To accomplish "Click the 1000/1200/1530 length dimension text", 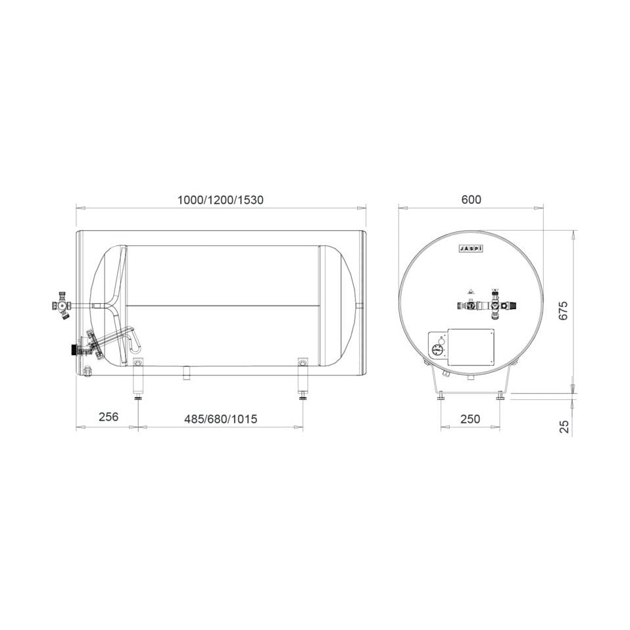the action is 220,200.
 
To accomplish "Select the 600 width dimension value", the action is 471,199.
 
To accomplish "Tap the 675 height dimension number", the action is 564,310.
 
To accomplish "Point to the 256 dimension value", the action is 109,417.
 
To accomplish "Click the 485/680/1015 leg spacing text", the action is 220,419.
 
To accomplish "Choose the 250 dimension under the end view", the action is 470,419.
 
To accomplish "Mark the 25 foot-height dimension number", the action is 564,426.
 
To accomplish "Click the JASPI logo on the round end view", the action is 470,249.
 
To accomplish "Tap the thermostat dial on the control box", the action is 437,350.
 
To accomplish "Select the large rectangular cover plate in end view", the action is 470,347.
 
